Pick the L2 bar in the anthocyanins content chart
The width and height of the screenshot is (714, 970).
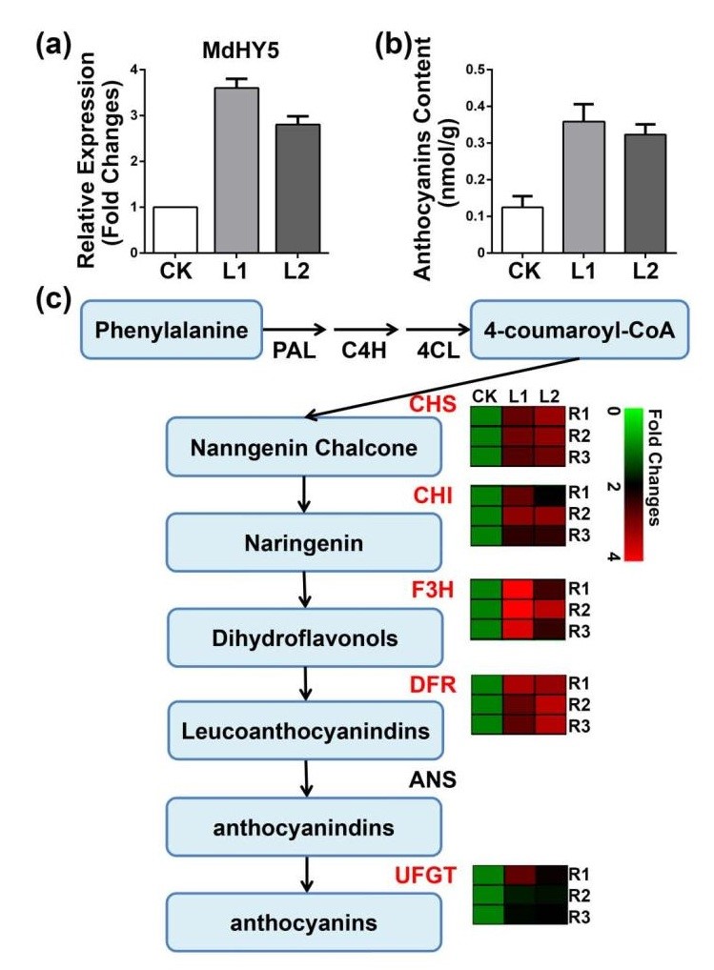(x=645, y=194)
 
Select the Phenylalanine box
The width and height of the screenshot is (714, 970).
(x=176, y=330)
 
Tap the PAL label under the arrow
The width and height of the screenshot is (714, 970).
(x=286, y=363)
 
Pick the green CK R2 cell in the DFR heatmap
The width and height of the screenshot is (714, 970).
(x=487, y=705)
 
